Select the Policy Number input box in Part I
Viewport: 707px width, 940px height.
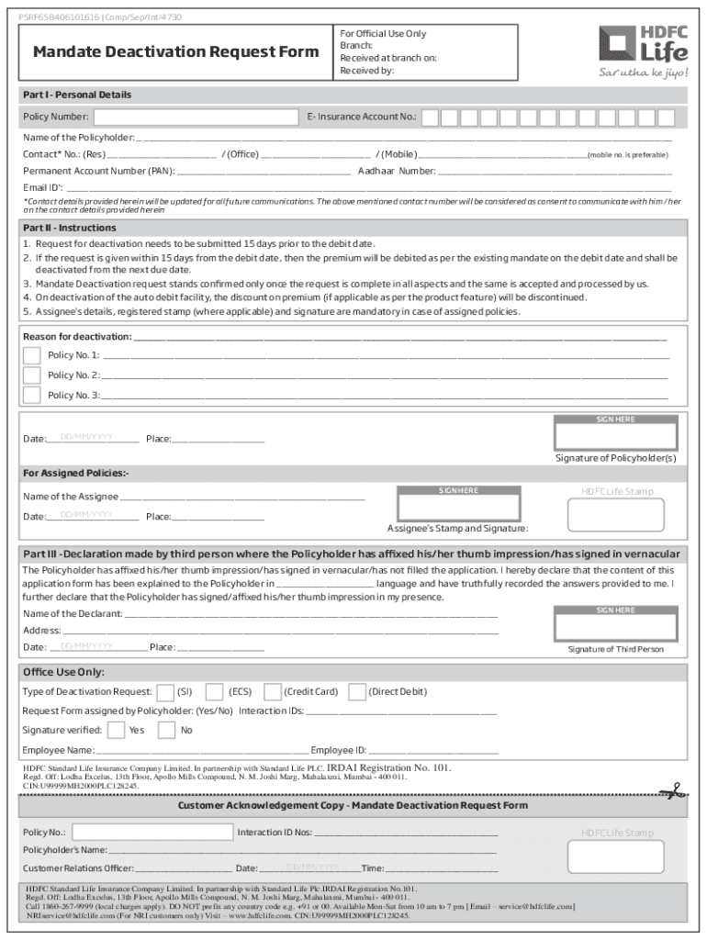(196, 117)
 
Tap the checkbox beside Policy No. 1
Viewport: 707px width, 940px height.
(32, 355)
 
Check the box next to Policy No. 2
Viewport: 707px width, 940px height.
(32, 375)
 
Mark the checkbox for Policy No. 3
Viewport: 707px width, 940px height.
(32, 396)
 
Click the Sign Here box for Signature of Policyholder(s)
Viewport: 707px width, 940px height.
(615, 432)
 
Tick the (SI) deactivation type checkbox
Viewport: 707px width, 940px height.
(166, 692)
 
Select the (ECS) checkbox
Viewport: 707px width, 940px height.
(214, 692)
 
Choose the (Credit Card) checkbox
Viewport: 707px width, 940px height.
(272, 692)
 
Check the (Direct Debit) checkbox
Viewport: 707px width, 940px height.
(357, 692)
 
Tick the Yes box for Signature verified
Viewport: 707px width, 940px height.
(117, 731)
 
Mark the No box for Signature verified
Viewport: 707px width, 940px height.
(167, 731)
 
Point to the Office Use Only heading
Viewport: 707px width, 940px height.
(64, 672)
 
